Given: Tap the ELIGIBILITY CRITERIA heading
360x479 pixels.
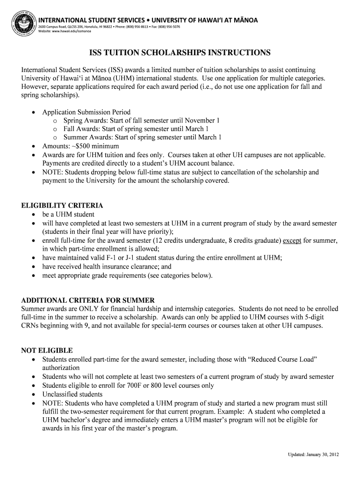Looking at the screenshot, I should tap(62, 205).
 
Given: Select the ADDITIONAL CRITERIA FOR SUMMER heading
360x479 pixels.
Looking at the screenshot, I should tap(88, 300).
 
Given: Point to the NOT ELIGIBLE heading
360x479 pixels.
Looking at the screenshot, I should tap(47, 350).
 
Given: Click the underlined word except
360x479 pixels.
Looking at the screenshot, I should tap(292, 240).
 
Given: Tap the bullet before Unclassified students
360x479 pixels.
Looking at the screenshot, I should tap(33, 394).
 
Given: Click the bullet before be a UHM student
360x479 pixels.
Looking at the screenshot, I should tap(33, 215).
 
